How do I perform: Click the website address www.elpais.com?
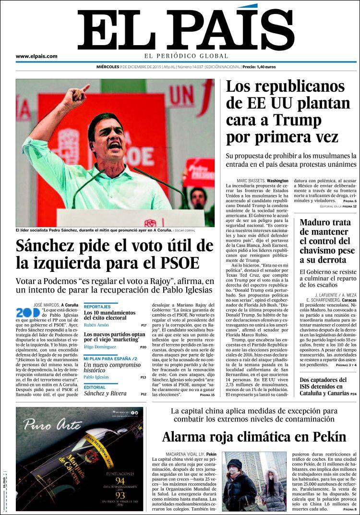36,56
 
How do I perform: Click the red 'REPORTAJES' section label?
97,307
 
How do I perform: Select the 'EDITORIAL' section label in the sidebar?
95,387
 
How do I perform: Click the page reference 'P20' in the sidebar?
143,347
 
